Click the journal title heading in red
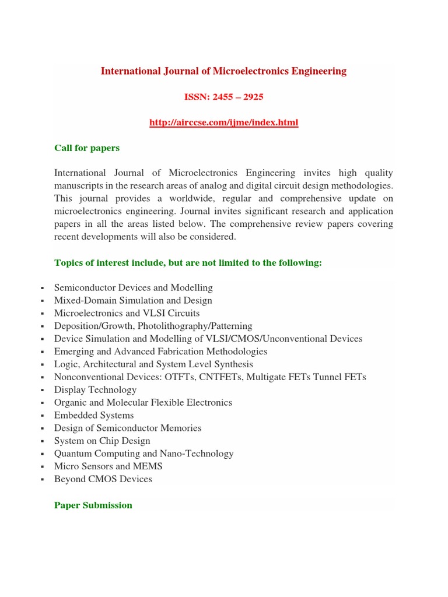tap(223, 71)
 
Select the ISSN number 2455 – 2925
tap(223, 97)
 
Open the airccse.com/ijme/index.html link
tap(223, 122)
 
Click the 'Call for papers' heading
tap(87, 148)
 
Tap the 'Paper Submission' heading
tap(93, 505)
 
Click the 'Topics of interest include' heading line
tap(188, 263)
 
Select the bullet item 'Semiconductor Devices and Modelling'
tap(133, 288)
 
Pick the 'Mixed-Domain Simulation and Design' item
tap(133, 301)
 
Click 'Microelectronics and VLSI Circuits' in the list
tap(127, 314)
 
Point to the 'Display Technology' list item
tap(94, 390)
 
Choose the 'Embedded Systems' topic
tap(94, 416)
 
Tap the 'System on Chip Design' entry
tap(102, 441)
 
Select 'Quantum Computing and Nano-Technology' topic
tap(143, 454)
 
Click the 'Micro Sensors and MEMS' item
tap(108, 467)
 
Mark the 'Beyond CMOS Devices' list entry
tap(103, 480)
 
